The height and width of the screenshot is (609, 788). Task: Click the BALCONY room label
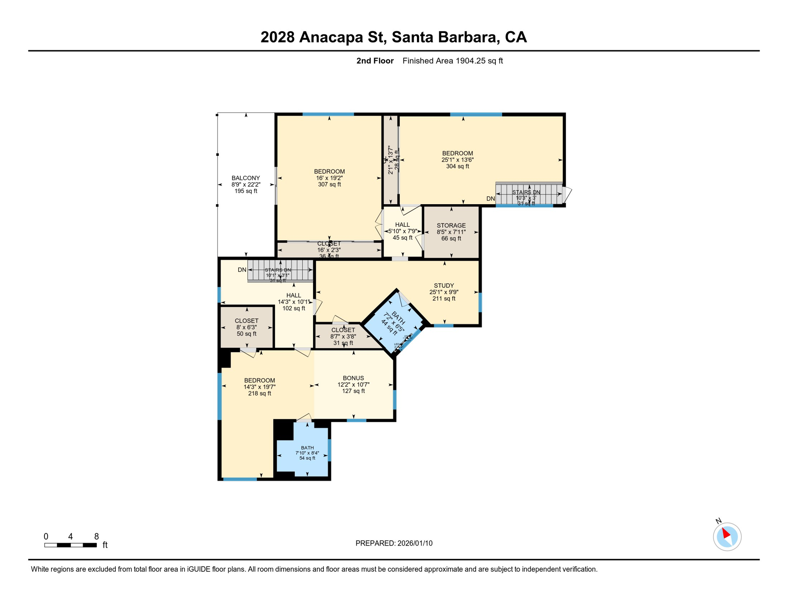[x=246, y=178]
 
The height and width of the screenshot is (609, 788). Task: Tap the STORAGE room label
[x=451, y=225]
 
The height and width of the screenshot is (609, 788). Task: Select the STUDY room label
[x=444, y=285]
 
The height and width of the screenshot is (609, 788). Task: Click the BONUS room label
[x=353, y=378]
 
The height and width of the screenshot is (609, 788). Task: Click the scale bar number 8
[x=96, y=536]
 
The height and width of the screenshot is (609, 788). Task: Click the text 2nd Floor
[x=375, y=61]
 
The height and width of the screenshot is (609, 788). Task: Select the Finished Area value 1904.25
[x=471, y=61]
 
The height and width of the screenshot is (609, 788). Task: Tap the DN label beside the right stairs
[x=490, y=199]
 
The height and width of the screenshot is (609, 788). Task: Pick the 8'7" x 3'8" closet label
[x=343, y=336]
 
